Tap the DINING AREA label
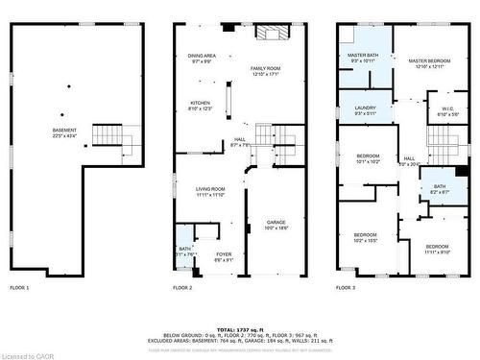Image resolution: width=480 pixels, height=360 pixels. coord(202,57)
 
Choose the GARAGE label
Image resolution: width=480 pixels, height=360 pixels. coord(276,223)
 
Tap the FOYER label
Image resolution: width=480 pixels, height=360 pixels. coord(223,253)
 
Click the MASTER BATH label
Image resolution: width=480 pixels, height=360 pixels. coord(363,55)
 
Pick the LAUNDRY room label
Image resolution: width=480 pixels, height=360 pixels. coord(364,108)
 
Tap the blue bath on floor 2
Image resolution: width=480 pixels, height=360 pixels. coord(183,239)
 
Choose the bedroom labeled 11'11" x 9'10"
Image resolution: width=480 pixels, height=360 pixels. coord(438,248)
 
